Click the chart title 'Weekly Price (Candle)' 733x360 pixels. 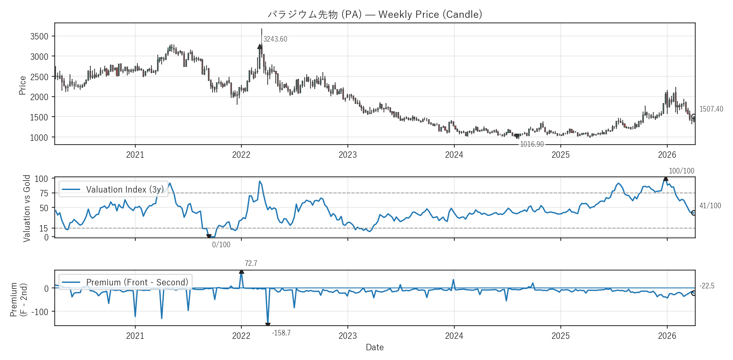[x=375, y=14]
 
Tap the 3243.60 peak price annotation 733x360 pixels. [x=275, y=39]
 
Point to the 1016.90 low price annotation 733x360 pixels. [x=532, y=144]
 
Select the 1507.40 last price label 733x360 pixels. [x=711, y=109]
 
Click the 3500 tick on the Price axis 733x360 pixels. [x=39, y=36]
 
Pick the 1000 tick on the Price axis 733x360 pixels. [x=39, y=137]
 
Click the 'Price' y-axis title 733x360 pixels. [x=22, y=85]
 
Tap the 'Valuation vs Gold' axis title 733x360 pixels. [x=27, y=208]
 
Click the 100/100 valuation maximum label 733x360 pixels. [x=681, y=171]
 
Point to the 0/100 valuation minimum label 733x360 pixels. [x=221, y=245]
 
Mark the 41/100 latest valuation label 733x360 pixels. [x=710, y=206]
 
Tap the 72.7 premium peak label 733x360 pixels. [x=251, y=263]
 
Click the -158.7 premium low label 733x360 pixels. [x=281, y=333]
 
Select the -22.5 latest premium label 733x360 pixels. [x=707, y=286]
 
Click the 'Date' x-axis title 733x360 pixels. [x=375, y=347]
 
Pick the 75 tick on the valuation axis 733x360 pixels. [x=44, y=193]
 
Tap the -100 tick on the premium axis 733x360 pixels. [x=39, y=312]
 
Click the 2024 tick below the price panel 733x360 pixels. [x=454, y=155]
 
